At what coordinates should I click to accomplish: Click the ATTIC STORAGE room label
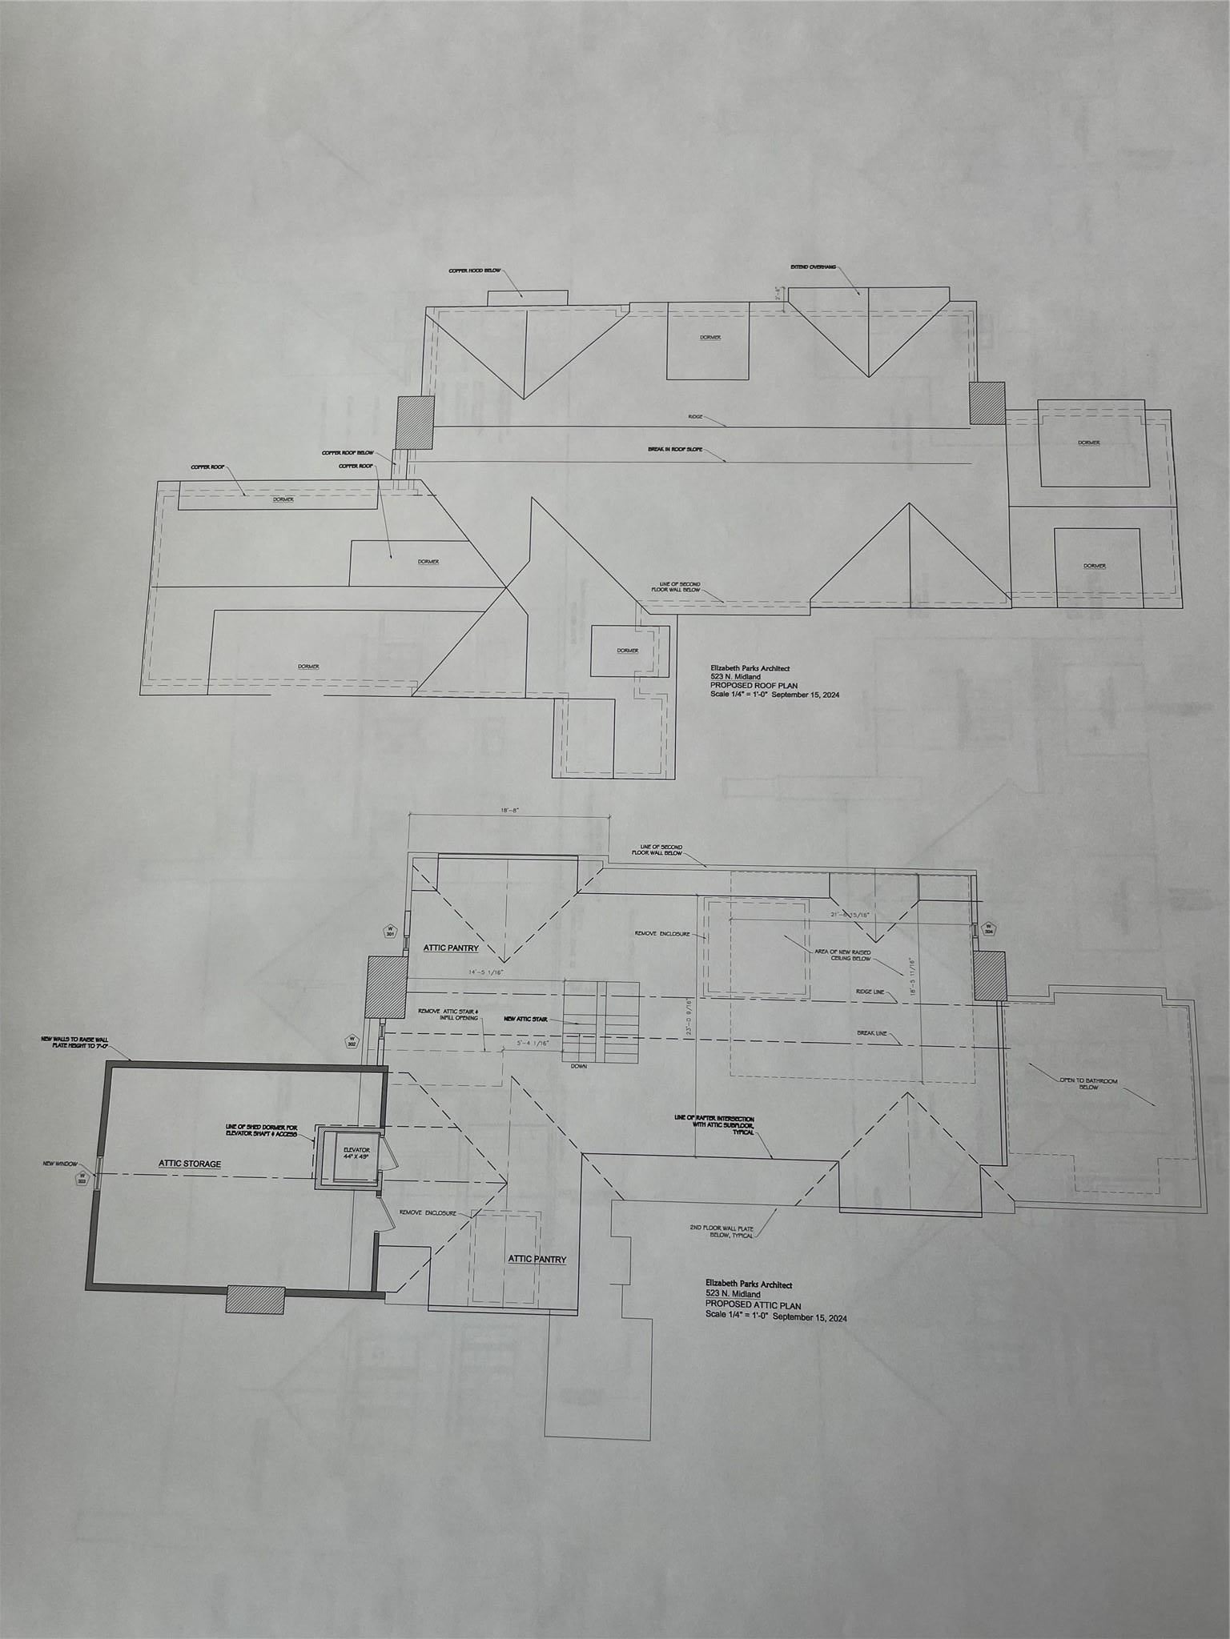[189, 1164]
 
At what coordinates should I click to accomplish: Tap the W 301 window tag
[390, 932]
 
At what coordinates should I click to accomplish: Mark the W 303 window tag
[81, 1180]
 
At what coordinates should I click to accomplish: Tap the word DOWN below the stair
[579, 1066]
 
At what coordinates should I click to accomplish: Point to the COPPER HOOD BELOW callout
[474, 270]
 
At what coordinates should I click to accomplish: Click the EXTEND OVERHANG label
[813, 266]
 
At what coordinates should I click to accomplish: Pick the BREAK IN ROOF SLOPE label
[675, 450]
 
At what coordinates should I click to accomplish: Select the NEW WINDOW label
[59, 1163]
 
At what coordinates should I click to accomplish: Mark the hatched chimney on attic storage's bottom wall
[255, 1299]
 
